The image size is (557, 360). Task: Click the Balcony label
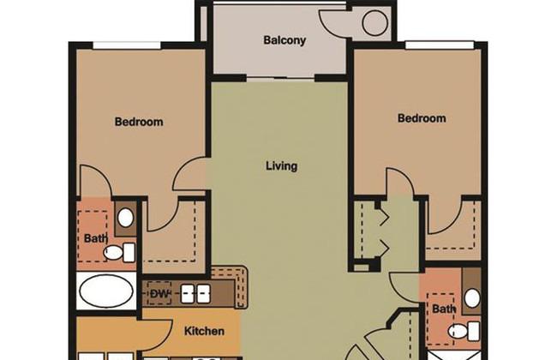point(284,40)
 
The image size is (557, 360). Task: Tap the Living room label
point(282,166)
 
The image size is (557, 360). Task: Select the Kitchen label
point(204,331)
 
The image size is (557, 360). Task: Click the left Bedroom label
point(139,122)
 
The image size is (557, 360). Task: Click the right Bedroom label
point(422,118)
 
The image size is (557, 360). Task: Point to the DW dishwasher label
point(159,293)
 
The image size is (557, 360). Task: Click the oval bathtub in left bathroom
point(106,291)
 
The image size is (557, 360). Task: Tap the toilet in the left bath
point(119,253)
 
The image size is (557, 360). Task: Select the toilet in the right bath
point(464,331)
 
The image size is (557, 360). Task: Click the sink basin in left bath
point(125,218)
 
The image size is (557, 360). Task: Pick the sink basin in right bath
point(472,298)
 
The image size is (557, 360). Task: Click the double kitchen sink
point(195,294)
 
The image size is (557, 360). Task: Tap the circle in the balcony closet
point(374,23)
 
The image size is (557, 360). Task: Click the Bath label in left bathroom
point(96,238)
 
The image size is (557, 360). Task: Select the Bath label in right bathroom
point(444,309)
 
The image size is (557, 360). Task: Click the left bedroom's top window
point(127,45)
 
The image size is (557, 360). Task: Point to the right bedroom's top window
point(440,45)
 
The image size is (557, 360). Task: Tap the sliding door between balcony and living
point(281,78)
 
